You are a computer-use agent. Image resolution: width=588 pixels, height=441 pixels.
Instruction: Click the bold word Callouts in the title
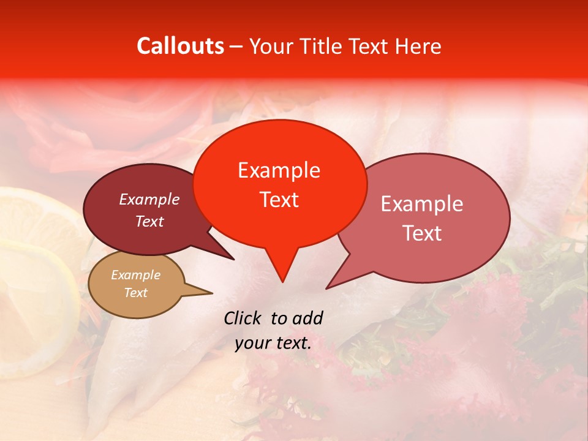click(180, 46)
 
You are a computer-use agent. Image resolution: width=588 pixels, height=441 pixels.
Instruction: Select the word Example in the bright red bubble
click(279, 170)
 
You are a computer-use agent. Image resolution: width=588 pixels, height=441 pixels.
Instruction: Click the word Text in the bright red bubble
click(279, 199)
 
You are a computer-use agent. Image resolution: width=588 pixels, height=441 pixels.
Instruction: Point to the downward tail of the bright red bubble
click(282, 269)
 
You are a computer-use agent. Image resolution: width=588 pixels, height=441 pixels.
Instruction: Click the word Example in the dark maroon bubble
click(149, 199)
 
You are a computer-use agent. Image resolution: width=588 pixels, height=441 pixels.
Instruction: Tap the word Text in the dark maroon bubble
click(149, 221)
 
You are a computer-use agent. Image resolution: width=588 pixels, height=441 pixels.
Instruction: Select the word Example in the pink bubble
click(422, 204)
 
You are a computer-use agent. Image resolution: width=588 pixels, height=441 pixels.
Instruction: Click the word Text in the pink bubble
click(422, 233)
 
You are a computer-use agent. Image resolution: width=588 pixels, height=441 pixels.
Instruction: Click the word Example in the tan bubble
click(135, 275)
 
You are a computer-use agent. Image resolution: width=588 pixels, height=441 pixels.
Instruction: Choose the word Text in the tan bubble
click(135, 293)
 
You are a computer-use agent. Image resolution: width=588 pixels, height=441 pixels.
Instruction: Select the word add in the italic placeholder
click(307, 318)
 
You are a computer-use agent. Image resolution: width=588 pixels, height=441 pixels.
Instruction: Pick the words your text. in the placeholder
click(273, 343)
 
